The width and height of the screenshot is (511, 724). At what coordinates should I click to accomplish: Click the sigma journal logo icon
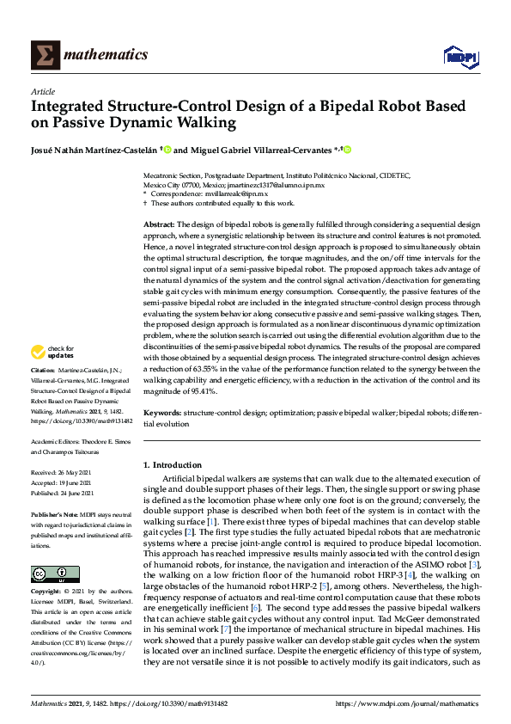point(46,55)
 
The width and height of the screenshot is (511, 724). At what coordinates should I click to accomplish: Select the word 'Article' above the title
point(43,91)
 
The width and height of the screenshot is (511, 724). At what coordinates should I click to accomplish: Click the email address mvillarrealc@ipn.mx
point(229,194)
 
